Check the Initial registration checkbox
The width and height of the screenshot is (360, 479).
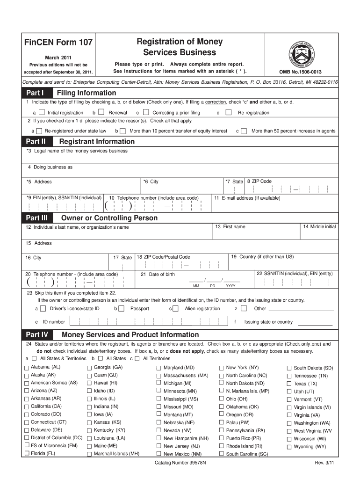[x=42, y=112]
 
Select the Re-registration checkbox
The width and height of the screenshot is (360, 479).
[x=229, y=112]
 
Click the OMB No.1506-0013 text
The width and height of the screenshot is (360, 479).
[x=300, y=72]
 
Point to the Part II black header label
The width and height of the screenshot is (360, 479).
[x=35, y=141]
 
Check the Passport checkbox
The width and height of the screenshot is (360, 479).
[x=121, y=309]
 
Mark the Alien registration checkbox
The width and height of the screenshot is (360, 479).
[x=175, y=309]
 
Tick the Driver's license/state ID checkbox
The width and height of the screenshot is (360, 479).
[x=43, y=309]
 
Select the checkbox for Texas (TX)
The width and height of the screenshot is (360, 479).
[x=289, y=384]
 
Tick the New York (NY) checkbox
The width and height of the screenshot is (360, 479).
[x=222, y=368]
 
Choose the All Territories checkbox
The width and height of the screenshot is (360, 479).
[x=137, y=358]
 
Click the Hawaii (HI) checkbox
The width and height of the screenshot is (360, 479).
[x=89, y=383]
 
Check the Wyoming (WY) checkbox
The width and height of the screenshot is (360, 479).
[x=289, y=447]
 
